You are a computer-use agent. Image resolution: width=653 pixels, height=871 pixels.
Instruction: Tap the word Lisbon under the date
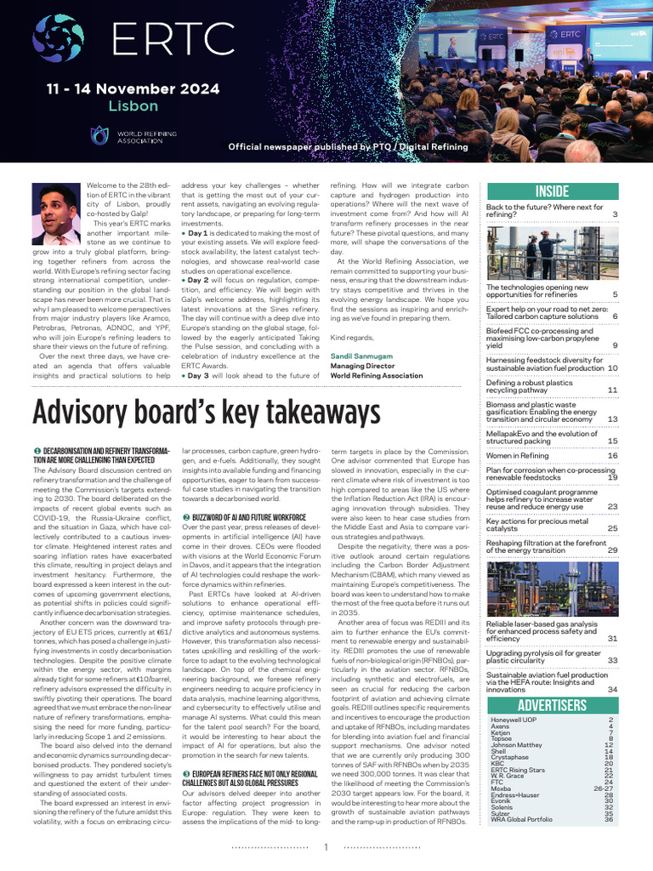133,106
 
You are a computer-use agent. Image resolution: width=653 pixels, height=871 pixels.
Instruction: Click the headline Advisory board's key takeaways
206,413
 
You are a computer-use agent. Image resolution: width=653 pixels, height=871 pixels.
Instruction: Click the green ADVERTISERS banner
551,705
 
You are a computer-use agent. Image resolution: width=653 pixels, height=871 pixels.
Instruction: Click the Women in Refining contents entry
518,456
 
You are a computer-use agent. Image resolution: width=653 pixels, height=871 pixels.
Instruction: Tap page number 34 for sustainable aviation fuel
612,689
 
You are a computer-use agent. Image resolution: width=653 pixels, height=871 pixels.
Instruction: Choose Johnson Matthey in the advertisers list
517,744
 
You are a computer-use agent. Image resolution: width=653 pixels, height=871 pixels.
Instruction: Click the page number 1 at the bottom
326,847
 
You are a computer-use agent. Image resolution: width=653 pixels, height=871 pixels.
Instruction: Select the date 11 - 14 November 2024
133,88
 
